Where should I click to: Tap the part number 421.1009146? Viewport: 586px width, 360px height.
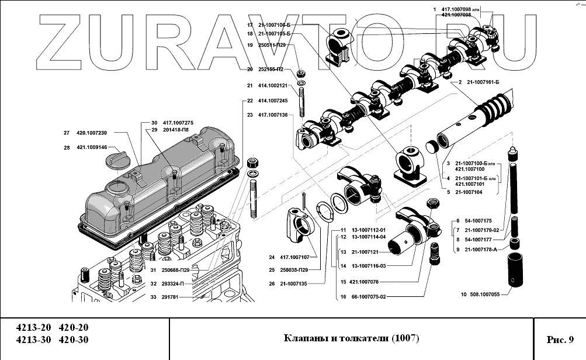click(x=92, y=147)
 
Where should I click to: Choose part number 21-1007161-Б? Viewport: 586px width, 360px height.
click(x=483, y=82)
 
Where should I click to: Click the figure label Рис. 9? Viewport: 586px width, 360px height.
click(x=560, y=340)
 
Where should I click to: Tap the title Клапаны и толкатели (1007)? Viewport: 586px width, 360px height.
click(x=351, y=338)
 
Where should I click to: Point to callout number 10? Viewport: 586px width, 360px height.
click(x=463, y=294)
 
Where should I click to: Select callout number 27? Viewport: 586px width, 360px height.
click(x=67, y=133)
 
